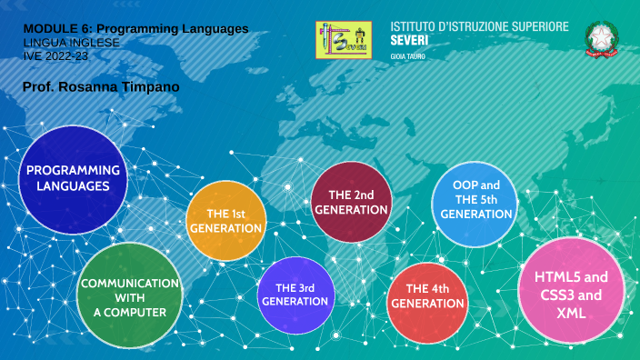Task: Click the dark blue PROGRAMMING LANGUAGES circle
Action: click(73, 178)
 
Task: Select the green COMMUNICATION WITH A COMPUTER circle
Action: click(130, 295)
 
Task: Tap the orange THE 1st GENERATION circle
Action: click(225, 221)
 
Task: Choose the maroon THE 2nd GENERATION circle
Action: click(351, 202)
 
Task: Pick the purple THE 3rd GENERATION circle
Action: click(295, 294)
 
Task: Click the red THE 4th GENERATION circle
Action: click(427, 295)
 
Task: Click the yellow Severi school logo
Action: click(345, 39)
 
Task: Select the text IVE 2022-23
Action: click(56, 55)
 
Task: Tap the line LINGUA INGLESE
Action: click(72, 43)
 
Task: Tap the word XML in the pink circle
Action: click(571, 314)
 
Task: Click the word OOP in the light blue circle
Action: click(466, 185)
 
